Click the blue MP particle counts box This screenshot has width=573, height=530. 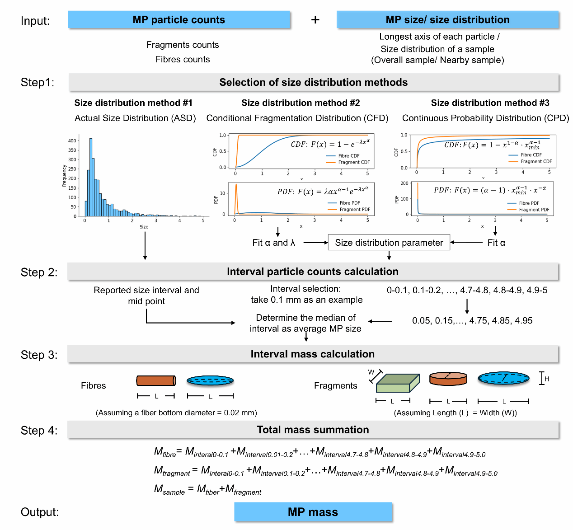click(179, 20)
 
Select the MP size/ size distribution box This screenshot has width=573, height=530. click(447, 20)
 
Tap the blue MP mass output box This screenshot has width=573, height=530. click(313, 512)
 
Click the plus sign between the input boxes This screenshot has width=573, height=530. click(315, 20)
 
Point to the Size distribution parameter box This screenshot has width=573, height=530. click(389, 243)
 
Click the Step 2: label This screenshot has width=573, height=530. click(39, 272)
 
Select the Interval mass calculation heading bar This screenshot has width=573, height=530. click(313, 354)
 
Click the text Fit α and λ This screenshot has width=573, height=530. click(273, 243)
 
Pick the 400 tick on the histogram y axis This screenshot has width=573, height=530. click(72, 141)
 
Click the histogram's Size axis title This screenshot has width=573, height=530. click(144, 227)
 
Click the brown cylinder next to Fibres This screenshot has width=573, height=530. click(156, 380)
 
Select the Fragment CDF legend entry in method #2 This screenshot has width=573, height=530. click(354, 162)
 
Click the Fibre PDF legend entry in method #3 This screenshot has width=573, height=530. click(529, 203)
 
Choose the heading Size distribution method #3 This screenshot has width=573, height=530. click(490, 103)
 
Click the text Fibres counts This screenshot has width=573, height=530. click(183, 59)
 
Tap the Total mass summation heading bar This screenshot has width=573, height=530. click(313, 430)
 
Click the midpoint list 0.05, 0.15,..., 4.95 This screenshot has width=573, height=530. click(472, 321)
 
